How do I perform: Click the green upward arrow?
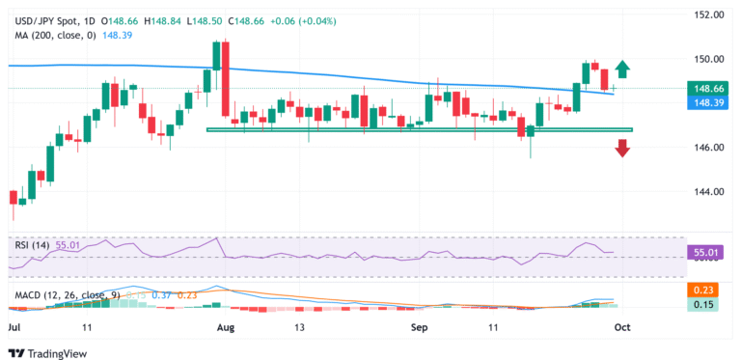point(623,69)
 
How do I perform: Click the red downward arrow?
point(623,148)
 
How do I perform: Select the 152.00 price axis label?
point(711,14)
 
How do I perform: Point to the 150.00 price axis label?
point(711,59)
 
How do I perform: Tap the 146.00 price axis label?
point(711,148)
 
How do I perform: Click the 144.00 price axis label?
point(711,192)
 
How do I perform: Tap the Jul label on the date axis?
point(14,327)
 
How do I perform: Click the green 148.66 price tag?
point(711,88)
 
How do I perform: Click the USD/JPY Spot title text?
point(43,19)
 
